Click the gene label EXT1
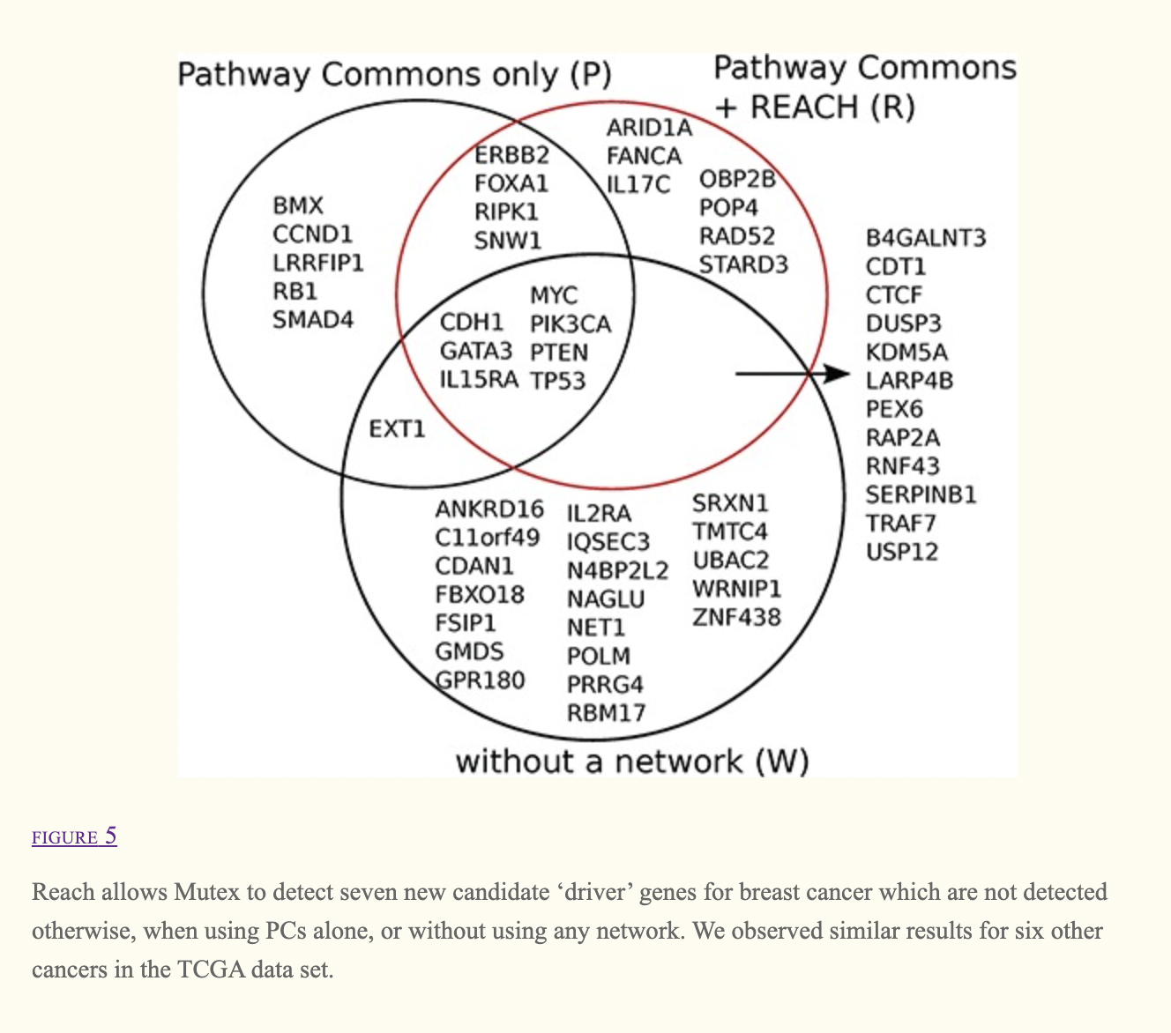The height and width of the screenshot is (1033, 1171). pyautogui.click(x=397, y=429)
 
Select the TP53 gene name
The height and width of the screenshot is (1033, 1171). pyautogui.click(x=557, y=381)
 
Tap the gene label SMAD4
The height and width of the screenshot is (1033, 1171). pyautogui.click(x=313, y=320)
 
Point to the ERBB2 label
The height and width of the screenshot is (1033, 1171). pyautogui.click(x=511, y=155)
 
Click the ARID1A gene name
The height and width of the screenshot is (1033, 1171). pyautogui.click(x=649, y=129)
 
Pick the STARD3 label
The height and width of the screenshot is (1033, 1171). pyautogui.click(x=743, y=264)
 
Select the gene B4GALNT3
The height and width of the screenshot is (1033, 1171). pyautogui.click(x=926, y=238)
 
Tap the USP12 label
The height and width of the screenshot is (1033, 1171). pyautogui.click(x=901, y=553)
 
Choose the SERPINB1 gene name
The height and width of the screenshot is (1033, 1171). pyautogui.click(x=921, y=495)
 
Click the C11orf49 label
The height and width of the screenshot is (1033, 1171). pyautogui.click(x=487, y=538)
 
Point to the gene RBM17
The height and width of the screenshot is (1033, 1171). pyautogui.click(x=606, y=712)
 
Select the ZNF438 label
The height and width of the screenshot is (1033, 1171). pyautogui.click(x=736, y=617)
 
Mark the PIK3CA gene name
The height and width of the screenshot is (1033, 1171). pyautogui.click(x=570, y=324)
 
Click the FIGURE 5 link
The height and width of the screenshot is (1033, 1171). pyautogui.click(x=74, y=836)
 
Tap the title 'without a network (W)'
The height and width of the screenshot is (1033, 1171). pyautogui.click(x=631, y=762)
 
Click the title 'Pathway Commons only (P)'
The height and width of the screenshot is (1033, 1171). pyautogui.click(x=394, y=75)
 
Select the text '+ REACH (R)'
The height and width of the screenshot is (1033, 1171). pyautogui.click(x=815, y=108)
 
